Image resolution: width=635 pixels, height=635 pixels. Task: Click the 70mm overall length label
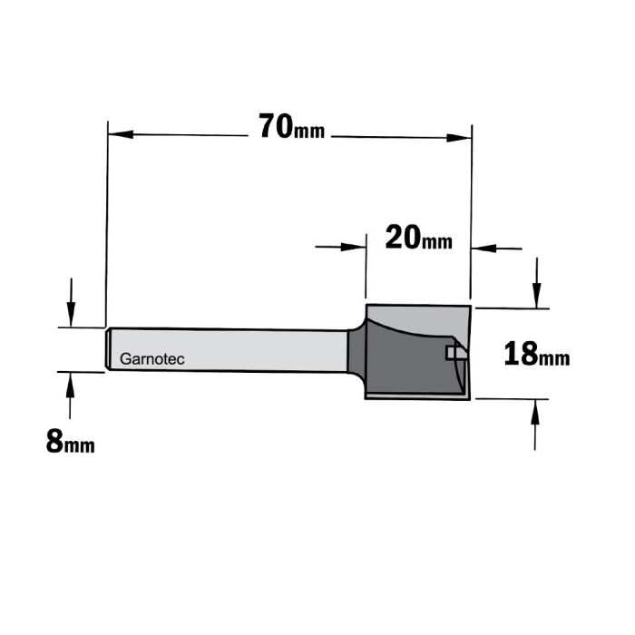click(290, 128)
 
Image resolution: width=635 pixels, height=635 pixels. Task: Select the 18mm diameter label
click(536, 353)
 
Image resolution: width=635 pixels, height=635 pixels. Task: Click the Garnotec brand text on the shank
click(152, 360)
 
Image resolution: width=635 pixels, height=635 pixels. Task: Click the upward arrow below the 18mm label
click(537, 413)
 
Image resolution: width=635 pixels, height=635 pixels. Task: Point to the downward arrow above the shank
click(70, 314)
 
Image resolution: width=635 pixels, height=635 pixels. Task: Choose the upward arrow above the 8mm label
click(69, 385)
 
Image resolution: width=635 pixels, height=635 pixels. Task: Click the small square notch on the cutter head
click(450, 352)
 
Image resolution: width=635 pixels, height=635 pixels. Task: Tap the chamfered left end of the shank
click(108, 349)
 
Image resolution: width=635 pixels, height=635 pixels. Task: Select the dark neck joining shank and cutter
click(354, 349)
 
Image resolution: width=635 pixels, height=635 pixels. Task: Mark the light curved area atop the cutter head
click(408, 318)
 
